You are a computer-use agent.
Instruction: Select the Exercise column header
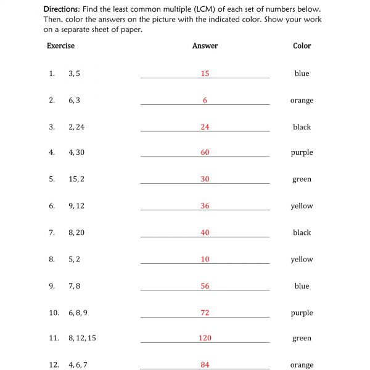pos(60,46)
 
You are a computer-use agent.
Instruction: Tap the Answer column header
pos(205,46)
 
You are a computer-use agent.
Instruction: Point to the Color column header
pos(302,46)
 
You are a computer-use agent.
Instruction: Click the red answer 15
pos(205,73)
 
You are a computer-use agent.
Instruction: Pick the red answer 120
pos(205,338)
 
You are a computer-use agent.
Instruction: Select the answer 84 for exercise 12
pos(205,364)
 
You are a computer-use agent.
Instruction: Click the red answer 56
pos(205,286)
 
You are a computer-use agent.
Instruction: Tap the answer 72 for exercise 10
pos(205,313)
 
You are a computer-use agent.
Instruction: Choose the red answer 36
pos(205,206)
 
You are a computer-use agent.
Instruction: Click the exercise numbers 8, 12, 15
pos(82,338)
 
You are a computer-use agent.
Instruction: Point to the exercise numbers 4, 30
pos(76,152)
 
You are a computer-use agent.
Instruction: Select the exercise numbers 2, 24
pos(76,127)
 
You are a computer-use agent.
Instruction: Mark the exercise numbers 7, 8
pos(74,286)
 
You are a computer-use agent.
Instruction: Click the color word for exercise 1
pos(302,73)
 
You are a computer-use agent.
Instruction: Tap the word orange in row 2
pos(302,101)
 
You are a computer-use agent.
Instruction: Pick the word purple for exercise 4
pos(302,153)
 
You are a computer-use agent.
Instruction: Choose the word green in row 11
pos(302,339)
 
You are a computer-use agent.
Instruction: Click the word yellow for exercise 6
pos(302,206)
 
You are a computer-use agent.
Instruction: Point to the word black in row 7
pos(302,232)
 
